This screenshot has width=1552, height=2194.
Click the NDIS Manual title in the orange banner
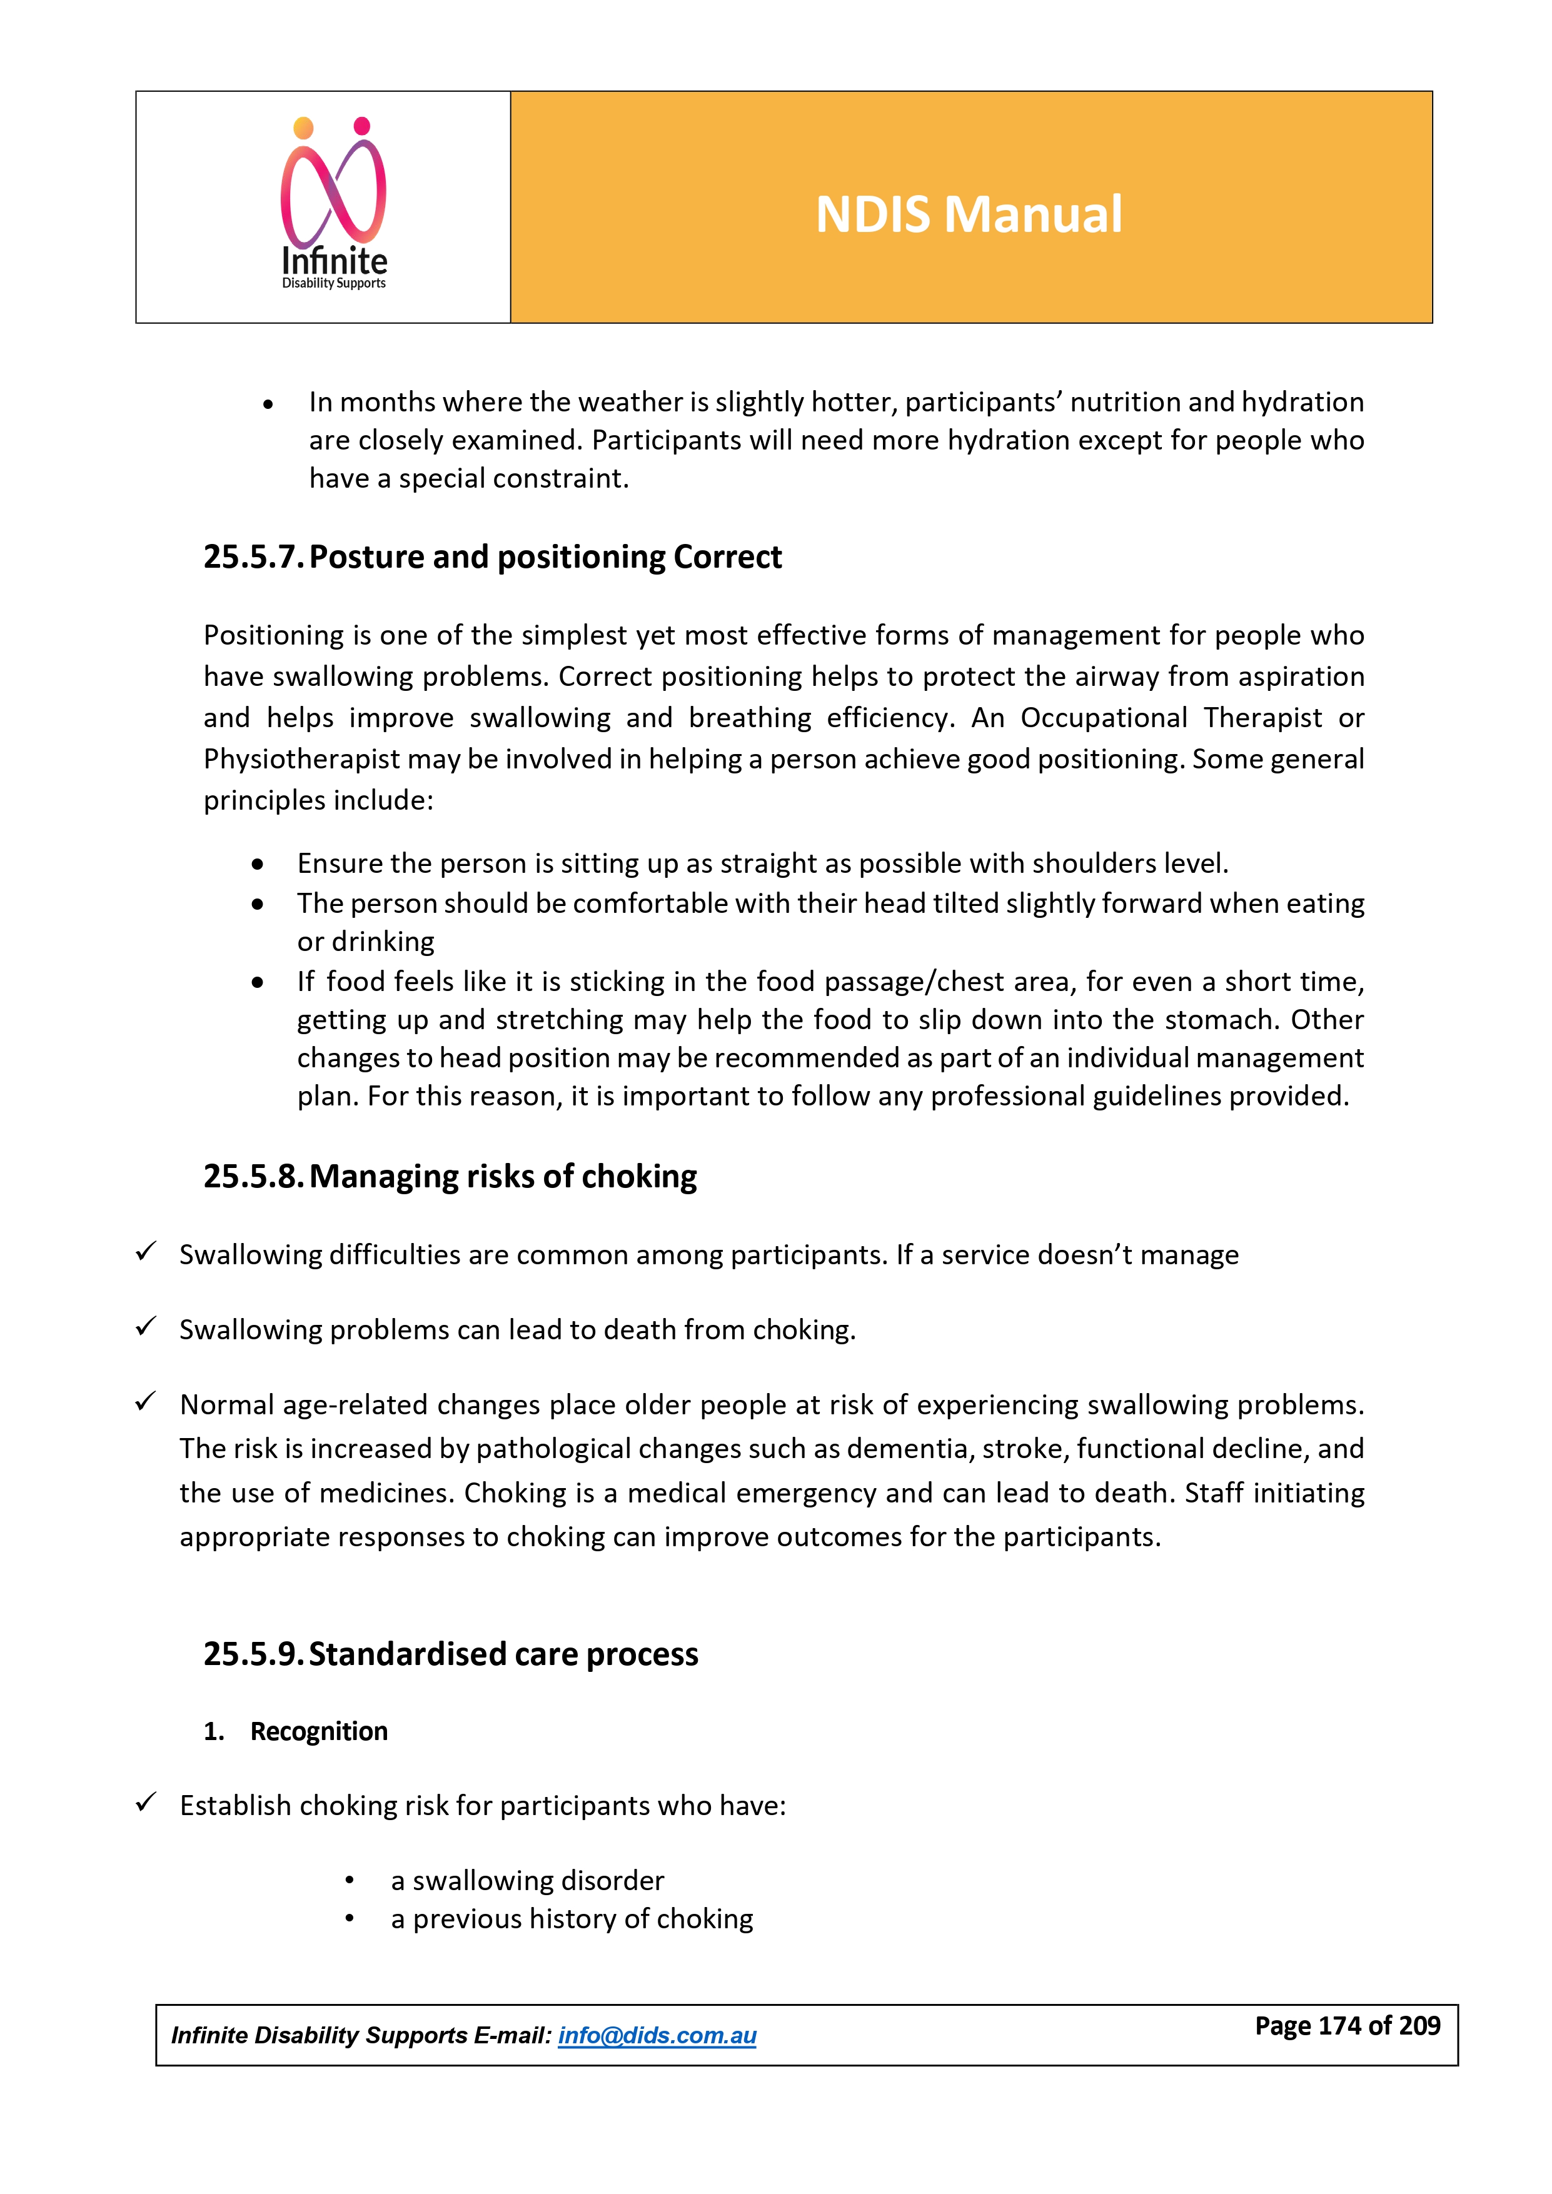[x=968, y=214]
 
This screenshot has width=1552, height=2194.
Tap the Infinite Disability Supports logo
[x=333, y=204]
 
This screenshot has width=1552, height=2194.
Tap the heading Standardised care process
[x=503, y=1654]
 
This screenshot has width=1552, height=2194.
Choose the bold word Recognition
[x=319, y=1731]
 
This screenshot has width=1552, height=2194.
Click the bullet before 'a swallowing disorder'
[x=350, y=1881]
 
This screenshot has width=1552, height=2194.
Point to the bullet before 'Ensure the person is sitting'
[x=258, y=864]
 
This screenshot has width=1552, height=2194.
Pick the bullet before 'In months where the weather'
[x=268, y=404]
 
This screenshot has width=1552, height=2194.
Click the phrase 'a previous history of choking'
[x=572, y=1919]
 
